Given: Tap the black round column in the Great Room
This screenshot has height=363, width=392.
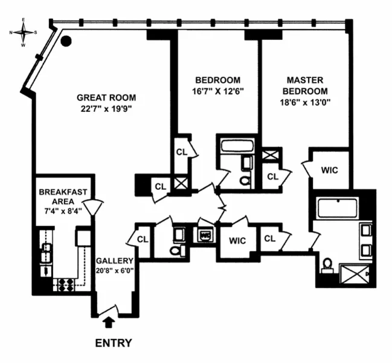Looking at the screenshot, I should pos(67,41).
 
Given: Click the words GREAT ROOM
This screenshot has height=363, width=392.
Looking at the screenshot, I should pos(106,97).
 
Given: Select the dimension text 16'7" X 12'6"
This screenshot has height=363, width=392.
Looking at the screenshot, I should pos(217,91).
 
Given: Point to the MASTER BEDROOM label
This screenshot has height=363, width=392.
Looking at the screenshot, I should pos(304,85).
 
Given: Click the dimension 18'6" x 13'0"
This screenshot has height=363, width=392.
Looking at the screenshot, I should pos(304,102).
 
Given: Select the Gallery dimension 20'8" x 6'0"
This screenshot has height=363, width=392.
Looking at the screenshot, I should pos(114,270).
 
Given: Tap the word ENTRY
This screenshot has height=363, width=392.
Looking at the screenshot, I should pos(114,343).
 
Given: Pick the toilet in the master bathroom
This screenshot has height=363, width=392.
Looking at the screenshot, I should pos(327,266).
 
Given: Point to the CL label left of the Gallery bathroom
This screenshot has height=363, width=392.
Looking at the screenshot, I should pos(143,239).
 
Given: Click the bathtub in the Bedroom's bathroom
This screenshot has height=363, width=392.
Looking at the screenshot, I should pos(233,146).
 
